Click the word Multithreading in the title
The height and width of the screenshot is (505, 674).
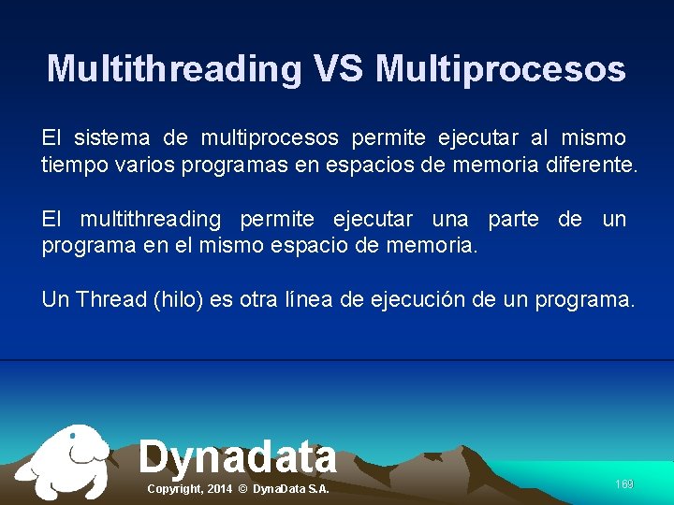(x=174, y=69)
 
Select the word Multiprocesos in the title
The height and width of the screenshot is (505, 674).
(x=501, y=69)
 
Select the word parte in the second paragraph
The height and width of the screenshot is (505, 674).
(x=513, y=220)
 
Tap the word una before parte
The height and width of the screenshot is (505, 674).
(x=450, y=220)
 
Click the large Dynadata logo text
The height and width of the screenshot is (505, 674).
(x=238, y=456)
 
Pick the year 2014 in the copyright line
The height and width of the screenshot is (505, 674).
(x=219, y=489)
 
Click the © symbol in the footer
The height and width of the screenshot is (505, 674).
(x=242, y=489)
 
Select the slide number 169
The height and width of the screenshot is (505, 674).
(x=624, y=484)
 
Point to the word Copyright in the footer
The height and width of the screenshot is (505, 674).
(x=174, y=489)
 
